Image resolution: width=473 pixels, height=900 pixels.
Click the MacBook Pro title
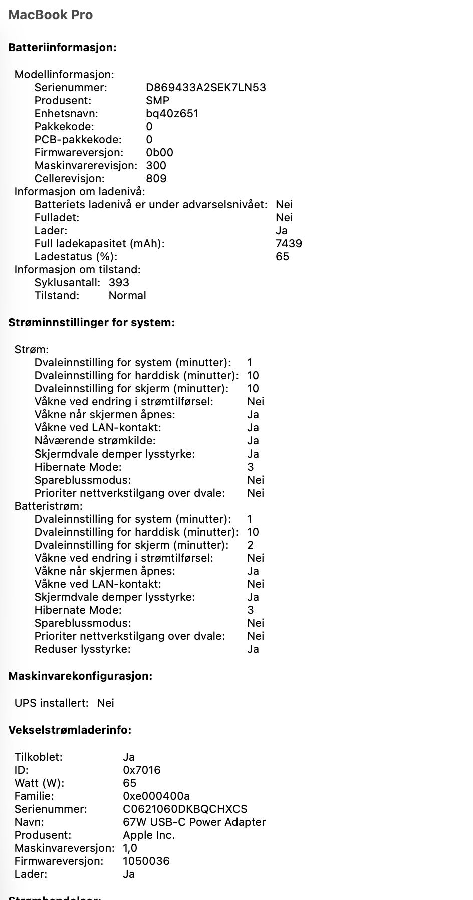(x=51, y=15)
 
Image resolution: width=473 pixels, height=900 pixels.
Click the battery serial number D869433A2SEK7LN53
(x=205, y=88)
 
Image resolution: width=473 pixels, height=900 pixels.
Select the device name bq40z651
(x=172, y=114)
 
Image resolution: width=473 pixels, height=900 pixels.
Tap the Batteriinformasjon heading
(x=62, y=48)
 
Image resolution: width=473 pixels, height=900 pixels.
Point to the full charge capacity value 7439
(x=289, y=244)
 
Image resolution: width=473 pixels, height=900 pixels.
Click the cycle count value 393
(x=119, y=283)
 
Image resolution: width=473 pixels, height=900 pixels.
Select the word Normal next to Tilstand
(x=127, y=296)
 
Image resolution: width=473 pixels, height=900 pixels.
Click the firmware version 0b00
(x=159, y=153)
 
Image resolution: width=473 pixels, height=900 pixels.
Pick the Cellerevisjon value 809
(x=156, y=179)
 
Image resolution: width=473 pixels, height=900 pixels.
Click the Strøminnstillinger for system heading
(x=91, y=323)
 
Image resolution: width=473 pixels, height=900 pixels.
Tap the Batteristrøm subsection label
(x=48, y=506)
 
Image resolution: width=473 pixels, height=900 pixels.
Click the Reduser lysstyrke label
(x=82, y=649)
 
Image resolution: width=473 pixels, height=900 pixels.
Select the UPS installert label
(x=51, y=703)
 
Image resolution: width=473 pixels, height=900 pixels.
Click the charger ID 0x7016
(x=141, y=770)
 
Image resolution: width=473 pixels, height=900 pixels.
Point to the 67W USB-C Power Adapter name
(x=194, y=822)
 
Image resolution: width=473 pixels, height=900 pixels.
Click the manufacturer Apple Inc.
(x=148, y=835)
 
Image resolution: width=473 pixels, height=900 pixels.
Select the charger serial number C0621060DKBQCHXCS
(x=185, y=809)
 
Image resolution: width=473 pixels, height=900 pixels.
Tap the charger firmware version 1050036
(x=146, y=861)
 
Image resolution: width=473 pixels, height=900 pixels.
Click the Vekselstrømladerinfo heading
(x=70, y=730)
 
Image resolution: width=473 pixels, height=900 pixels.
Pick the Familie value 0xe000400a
(x=156, y=796)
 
